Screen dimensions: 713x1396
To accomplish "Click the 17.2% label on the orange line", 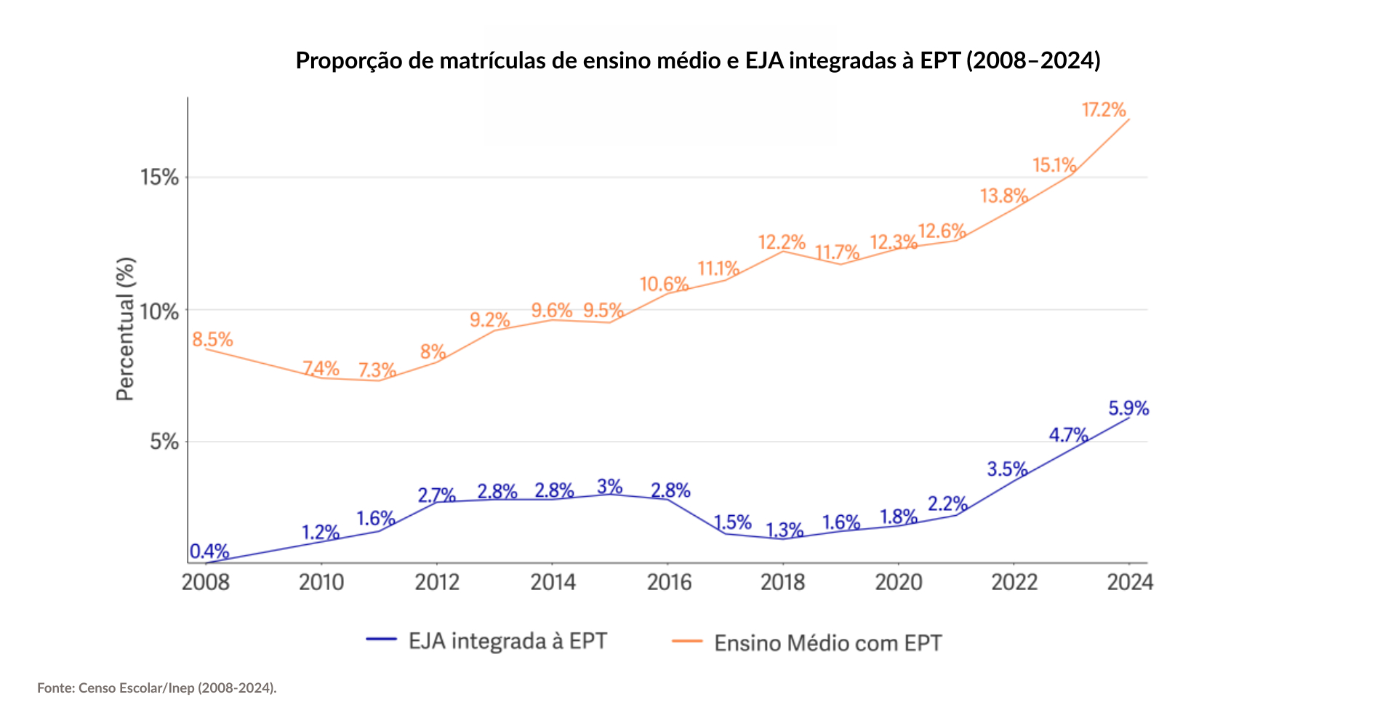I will pos(1103,110).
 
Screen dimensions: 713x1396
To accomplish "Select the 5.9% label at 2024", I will pos(1128,408).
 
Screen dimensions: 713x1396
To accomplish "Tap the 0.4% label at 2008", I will pos(209,551).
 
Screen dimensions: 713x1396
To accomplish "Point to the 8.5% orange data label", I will pos(212,339).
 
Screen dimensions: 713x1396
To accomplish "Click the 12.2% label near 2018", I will pos(782,242).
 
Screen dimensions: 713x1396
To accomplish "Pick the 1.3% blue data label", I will pos(784,530).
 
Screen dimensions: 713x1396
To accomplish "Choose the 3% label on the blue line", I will pos(609,486).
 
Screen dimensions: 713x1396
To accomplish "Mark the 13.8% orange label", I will pos(1003,196).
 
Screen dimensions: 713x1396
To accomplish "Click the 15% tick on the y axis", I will pos(159,177).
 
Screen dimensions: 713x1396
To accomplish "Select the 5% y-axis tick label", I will pos(164,442).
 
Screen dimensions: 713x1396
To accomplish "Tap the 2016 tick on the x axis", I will pos(669,582).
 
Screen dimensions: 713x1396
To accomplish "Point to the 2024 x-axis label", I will pos(1129,582).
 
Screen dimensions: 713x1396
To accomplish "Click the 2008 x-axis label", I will pos(206,582).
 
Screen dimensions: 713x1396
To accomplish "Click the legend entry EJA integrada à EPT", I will pos(507,641).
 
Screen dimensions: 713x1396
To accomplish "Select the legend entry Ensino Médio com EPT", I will pos(827,643).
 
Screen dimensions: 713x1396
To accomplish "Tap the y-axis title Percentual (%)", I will pos(125,328).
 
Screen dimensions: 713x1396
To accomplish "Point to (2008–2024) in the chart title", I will pos(1033,60).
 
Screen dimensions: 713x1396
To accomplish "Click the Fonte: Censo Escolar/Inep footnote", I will pos(157,688).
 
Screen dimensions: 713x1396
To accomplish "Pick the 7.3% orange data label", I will pos(377,370).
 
